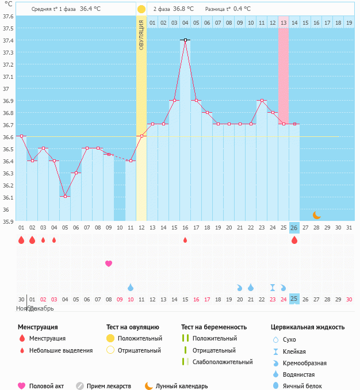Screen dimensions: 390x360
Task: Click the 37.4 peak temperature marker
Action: (185, 40)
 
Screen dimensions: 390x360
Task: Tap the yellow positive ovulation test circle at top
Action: (141, 9)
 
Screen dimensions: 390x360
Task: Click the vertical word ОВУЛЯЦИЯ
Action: (141, 35)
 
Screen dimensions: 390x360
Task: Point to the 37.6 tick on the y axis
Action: (8, 16)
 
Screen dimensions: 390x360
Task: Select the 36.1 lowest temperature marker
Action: (65, 197)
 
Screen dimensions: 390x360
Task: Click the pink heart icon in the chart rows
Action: (109, 263)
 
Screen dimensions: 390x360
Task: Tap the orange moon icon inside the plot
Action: (316, 215)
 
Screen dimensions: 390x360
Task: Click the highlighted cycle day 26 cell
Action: (294, 228)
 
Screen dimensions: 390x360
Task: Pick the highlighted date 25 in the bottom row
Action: (294, 299)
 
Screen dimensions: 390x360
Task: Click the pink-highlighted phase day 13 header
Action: (284, 22)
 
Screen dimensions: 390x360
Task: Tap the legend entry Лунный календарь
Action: (181, 386)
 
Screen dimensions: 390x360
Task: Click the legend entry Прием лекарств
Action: (108, 386)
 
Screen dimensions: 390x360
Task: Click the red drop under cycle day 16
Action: (185, 240)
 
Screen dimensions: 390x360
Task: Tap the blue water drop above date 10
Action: (131, 287)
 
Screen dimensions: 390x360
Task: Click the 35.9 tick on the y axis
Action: (8, 221)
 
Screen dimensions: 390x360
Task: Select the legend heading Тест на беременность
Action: (214, 327)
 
